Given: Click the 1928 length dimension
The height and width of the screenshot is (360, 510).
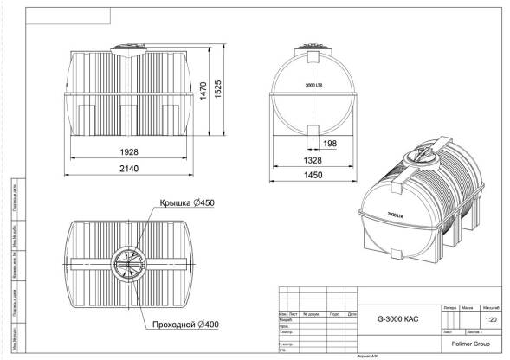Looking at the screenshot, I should [x=129, y=151].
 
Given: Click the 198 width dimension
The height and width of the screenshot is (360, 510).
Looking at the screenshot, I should [x=330, y=143].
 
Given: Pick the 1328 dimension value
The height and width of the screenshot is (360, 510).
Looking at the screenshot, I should [x=313, y=159].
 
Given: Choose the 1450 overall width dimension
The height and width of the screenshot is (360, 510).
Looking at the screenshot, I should [x=313, y=176].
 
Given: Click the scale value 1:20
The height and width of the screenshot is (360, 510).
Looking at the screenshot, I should [x=492, y=319].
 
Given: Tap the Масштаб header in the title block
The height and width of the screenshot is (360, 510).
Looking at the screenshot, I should [x=492, y=307].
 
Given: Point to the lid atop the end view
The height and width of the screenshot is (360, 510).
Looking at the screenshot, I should [x=313, y=42].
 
